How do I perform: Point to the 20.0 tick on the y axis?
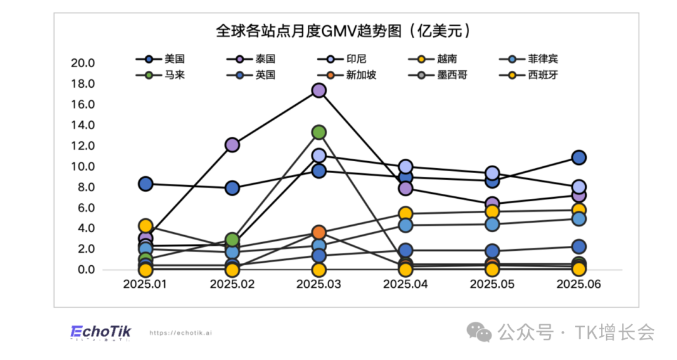[x=83, y=63]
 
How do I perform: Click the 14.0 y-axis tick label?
[x=83, y=125]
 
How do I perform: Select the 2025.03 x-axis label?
[x=318, y=284]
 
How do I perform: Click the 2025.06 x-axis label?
[x=579, y=284]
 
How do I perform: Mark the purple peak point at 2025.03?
[x=318, y=90]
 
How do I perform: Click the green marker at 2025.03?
[x=318, y=132]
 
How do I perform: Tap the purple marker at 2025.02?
[x=232, y=145]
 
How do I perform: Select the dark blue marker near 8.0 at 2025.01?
[x=145, y=184]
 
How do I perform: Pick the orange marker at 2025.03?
[x=318, y=233]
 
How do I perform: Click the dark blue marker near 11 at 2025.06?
[x=579, y=157]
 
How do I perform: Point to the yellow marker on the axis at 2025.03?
[x=318, y=270]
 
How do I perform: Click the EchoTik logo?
[x=100, y=332]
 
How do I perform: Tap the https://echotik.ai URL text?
[x=181, y=333]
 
